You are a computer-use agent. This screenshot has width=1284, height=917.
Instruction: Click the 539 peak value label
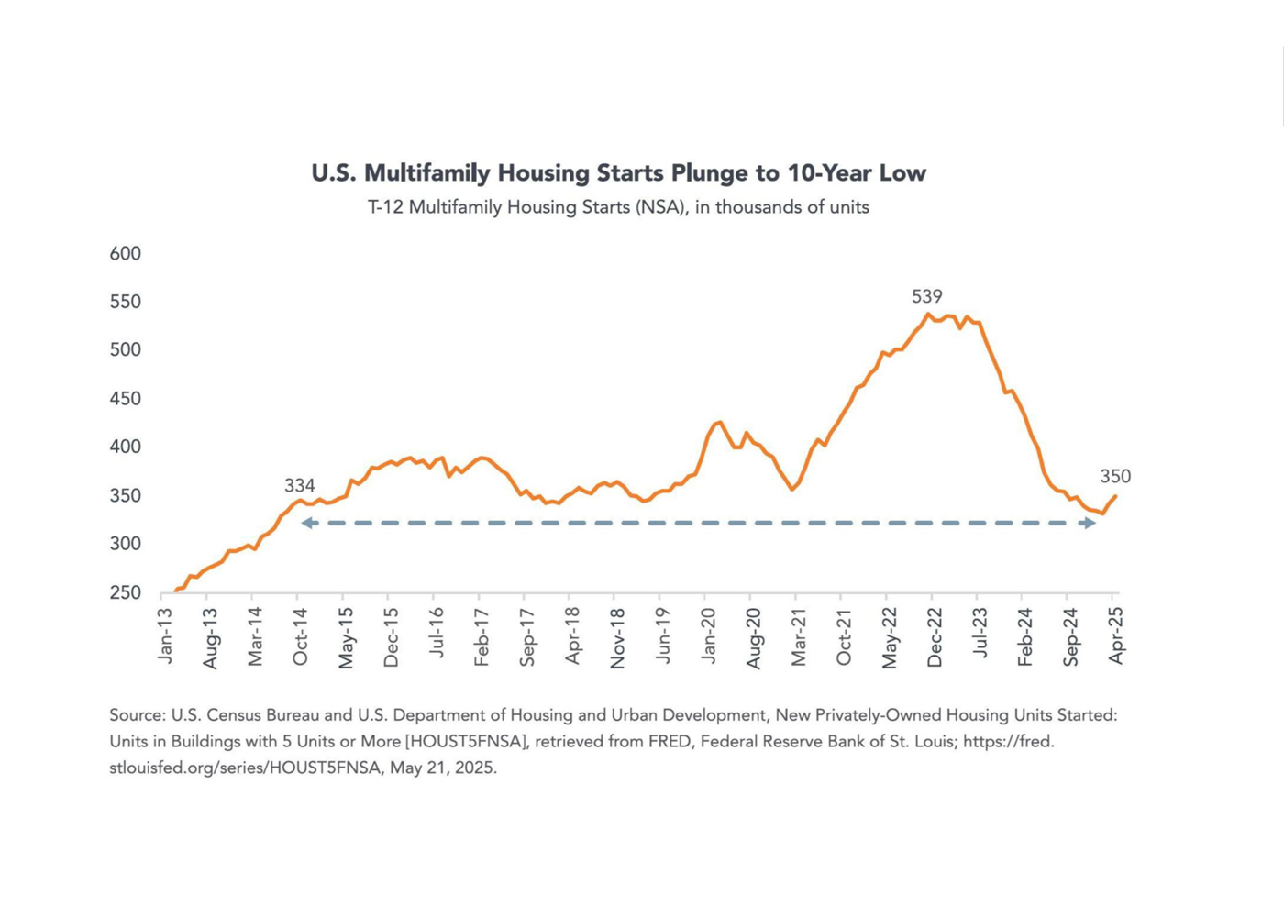pos(926,296)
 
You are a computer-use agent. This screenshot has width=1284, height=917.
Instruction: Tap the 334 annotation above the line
pos(299,486)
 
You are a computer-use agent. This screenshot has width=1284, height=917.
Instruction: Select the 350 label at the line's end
pos(1115,476)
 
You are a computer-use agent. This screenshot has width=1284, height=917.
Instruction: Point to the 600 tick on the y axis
pos(126,254)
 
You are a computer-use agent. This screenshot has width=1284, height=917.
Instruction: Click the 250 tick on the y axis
pos(126,593)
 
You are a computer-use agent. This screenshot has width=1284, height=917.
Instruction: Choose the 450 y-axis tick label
pos(126,399)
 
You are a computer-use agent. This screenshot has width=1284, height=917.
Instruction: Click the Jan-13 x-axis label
pos(165,635)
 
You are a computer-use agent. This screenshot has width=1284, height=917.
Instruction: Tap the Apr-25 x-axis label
pos(1116,635)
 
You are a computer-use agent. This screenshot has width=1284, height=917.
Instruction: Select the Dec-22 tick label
pos(935,636)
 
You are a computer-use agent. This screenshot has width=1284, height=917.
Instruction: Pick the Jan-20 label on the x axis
pos(708,635)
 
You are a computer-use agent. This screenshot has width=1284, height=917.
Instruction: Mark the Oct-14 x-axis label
pos(300,635)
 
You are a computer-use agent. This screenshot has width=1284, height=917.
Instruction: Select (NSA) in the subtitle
pos(661,207)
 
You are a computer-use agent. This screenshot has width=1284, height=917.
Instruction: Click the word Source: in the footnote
pos(138,715)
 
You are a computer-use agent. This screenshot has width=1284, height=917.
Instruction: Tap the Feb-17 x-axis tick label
pos(481,635)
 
